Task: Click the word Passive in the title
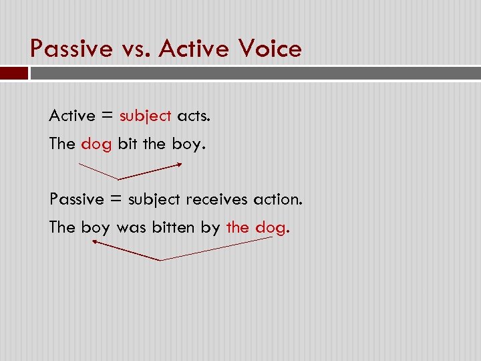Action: click(x=72, y=49)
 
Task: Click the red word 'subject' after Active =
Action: click(x=146, y=116)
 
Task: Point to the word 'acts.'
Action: click(x=193, y=116)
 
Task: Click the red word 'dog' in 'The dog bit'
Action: click(x=96, y=144)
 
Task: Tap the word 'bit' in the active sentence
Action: click(x=126, y=144)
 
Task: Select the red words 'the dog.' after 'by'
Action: click(x=258, y=227)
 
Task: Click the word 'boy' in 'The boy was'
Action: click(x=96, y=228)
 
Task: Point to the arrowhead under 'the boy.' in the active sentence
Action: click(x=178, y=164)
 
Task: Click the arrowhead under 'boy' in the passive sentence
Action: click(x=95, y=243)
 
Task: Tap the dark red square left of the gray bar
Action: click(x=13, y=72)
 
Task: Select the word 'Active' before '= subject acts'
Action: click(x=71, y=116)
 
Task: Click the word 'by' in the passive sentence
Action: click(x=210, y=228)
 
